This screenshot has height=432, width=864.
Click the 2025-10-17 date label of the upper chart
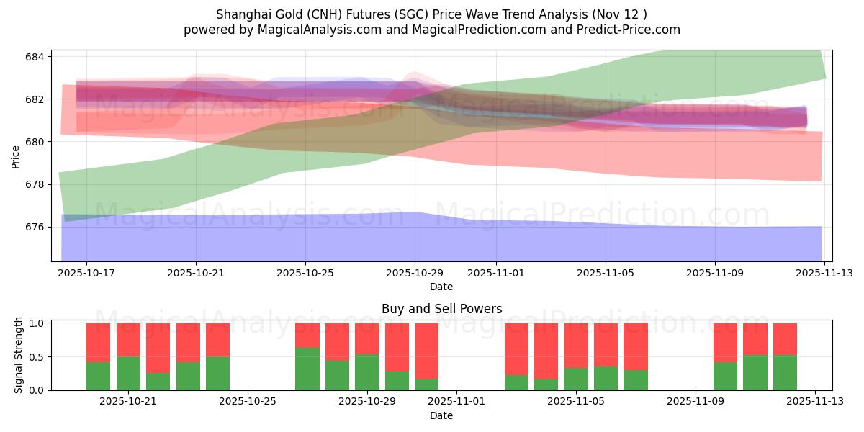point(86,274)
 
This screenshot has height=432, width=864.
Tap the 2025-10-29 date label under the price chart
point(414,274)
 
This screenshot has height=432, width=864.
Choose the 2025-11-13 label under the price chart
point(824,274)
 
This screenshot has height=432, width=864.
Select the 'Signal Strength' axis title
point(19,355)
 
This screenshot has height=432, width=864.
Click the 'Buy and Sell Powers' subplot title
point(441,309)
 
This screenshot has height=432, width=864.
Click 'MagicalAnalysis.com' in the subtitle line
point(298,30)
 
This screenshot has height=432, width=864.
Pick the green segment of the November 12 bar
point(785,372)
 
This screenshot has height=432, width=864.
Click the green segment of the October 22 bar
point(158,382)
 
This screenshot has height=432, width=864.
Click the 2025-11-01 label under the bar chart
point(456,402)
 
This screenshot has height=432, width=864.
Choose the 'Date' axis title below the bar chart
point(441,415)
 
